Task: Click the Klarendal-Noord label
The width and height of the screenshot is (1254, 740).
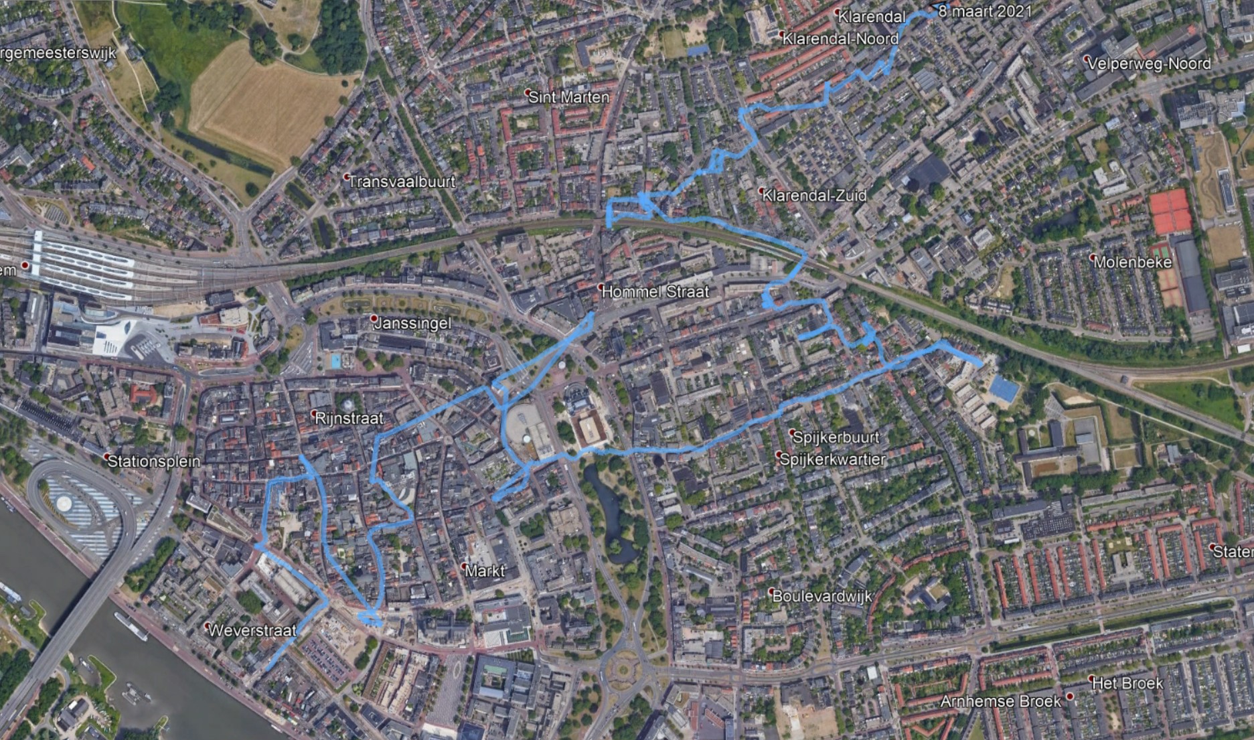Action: point(840,39)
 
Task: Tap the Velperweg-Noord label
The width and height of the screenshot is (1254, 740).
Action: point(1149,64)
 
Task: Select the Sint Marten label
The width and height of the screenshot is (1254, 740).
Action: point(569,97)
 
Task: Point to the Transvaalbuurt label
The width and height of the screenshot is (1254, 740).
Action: point(402,181)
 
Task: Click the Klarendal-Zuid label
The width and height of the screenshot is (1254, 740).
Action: point(814,196)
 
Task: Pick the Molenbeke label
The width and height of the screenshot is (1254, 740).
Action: point(1133,262)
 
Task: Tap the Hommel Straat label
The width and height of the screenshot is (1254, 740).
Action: point(655,292)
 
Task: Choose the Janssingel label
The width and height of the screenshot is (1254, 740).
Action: point(412,323)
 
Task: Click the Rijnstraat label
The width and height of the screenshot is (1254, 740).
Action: point(349,419)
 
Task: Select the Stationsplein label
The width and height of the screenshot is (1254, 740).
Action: point(154,461)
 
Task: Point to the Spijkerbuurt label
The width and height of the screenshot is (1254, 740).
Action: point(836,437)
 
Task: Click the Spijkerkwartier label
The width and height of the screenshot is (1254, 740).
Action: point(832,459)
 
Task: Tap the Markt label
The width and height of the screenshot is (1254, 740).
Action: point(485,571)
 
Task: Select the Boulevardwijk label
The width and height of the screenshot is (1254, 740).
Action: point(822,596)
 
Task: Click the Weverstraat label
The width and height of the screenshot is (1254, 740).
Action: point(252,630)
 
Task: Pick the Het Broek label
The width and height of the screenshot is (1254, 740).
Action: point(1127,683)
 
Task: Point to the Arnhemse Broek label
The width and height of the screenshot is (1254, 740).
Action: point(1000,701)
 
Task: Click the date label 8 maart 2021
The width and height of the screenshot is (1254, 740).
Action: point(984,11)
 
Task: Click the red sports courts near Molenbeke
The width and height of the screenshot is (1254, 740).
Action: point(1170,211)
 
